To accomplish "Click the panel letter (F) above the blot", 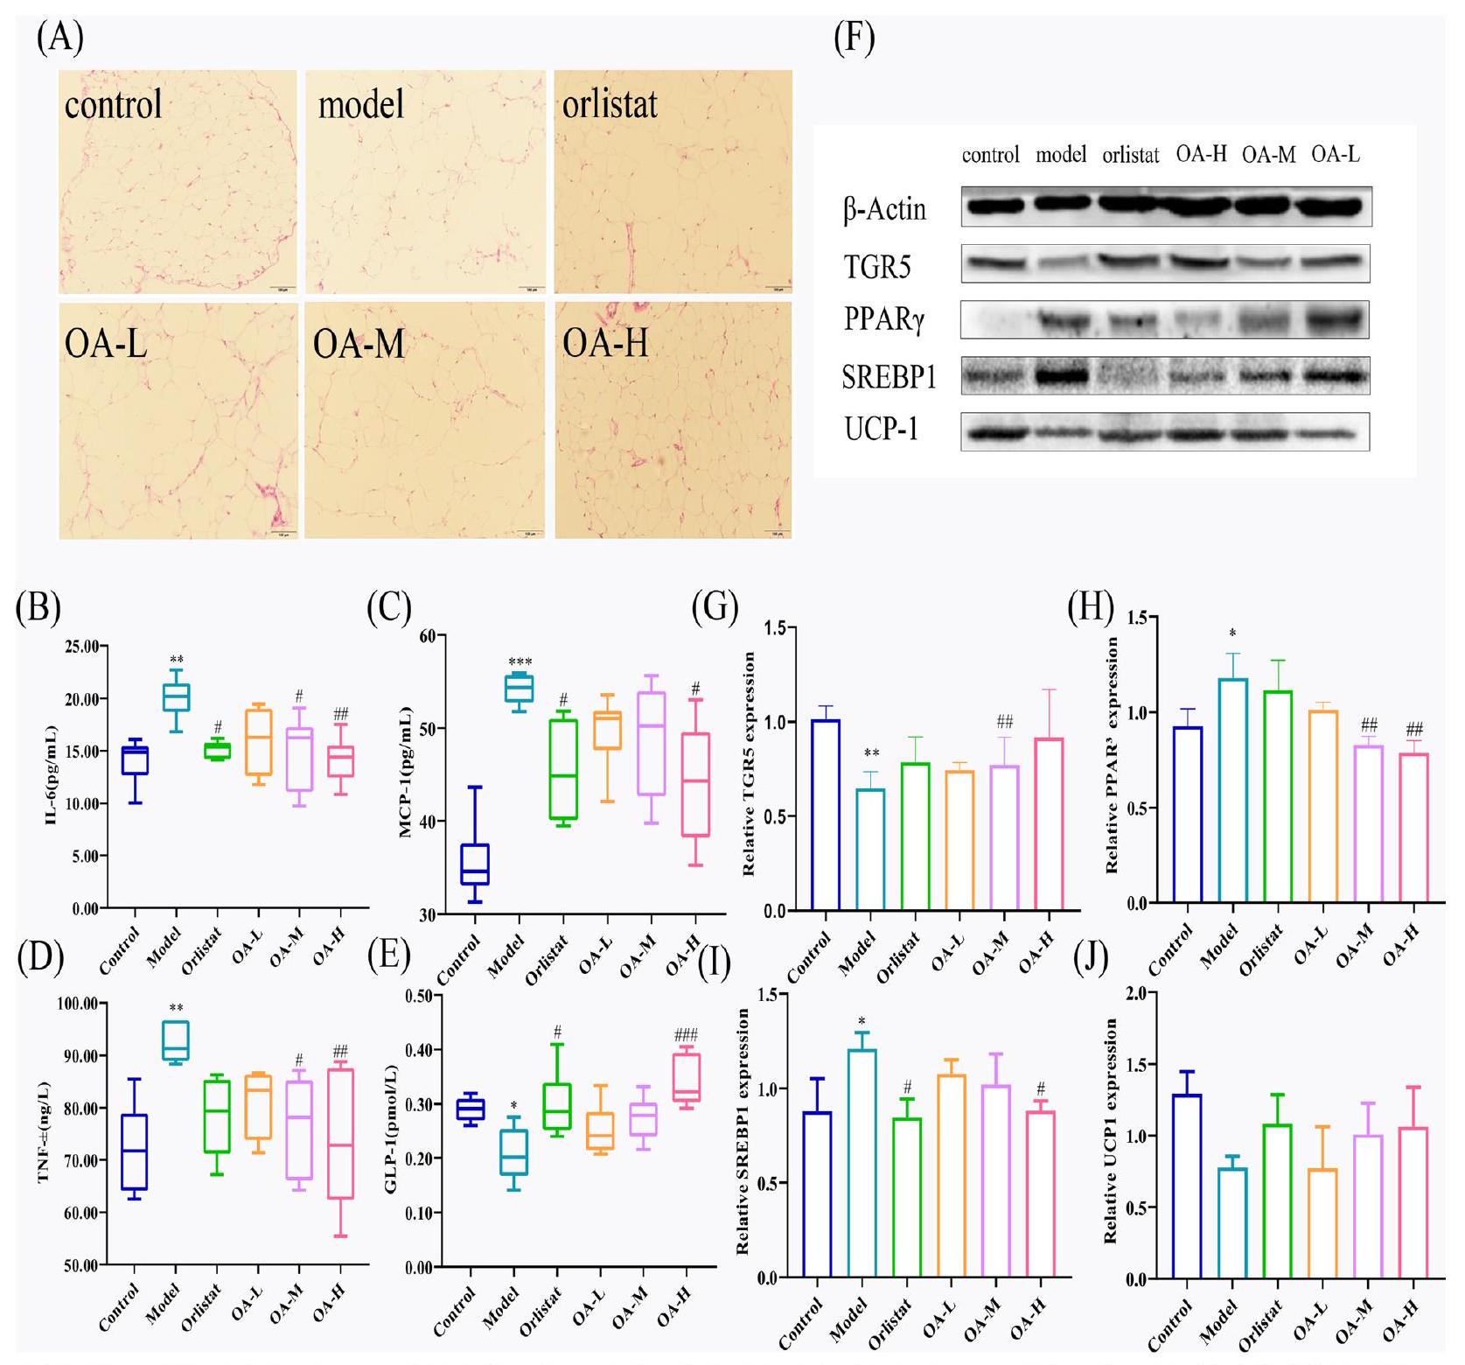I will click(855, 39).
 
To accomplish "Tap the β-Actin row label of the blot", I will click(884, 210).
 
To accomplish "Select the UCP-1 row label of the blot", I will click(881, 430).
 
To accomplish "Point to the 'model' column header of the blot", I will click(1061, 156).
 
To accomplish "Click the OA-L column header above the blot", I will click(1336, 155).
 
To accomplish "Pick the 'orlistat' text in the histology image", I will click(610, 104).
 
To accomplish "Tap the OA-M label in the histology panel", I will click(359, 345).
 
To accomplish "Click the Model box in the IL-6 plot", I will click(178, 697).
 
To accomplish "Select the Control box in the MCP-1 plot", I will click(475, 864).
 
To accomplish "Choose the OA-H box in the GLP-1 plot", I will click(687, 1077).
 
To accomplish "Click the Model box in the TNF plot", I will click(177, 1040).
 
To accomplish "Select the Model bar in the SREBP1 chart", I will click(862, 1164).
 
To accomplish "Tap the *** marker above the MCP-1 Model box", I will click(520, 662).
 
